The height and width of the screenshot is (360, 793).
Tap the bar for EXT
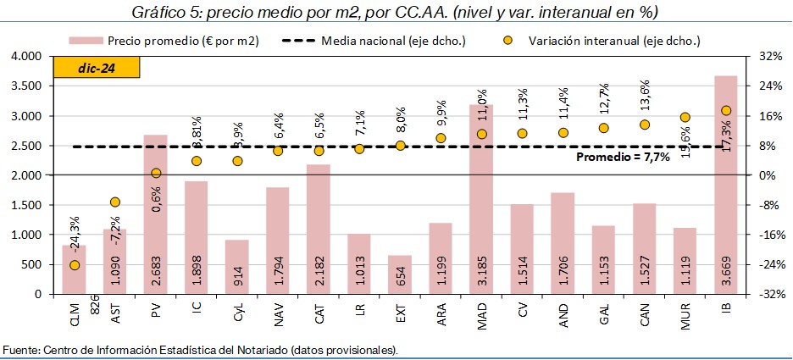point(400,274)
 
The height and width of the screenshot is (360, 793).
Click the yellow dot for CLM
point(75,265)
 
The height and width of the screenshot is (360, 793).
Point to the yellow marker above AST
point(115,202)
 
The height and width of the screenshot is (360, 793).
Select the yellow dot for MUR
point(685,118)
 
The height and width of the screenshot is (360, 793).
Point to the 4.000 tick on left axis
point(26,56)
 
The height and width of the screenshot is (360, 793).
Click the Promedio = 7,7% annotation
point(623,157)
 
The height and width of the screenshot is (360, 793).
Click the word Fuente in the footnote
point(21,350)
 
